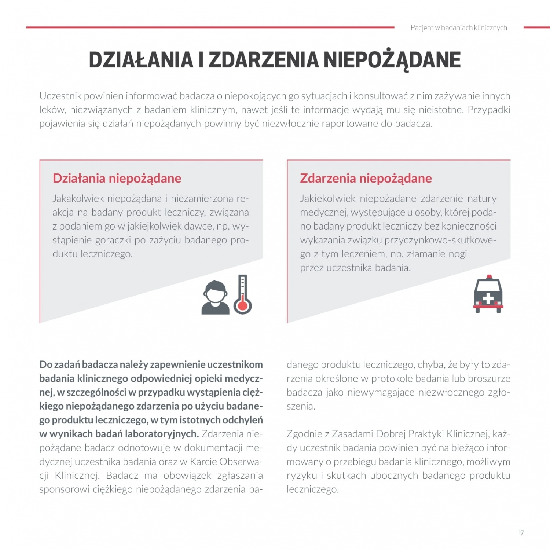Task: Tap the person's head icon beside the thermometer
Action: [x=216, y=291]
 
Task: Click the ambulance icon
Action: [x=488, y=294]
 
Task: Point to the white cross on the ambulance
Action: [x=488, y=298]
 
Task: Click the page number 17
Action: [x=521, y=533]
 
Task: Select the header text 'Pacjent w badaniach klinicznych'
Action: [x=459, y=28]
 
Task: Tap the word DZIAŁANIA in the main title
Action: [x=141, y=60]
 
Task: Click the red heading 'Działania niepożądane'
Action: [x=117, y=178]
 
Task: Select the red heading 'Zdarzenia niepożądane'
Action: [x=366, y=178]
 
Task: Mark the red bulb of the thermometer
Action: [x=242, y=305]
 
